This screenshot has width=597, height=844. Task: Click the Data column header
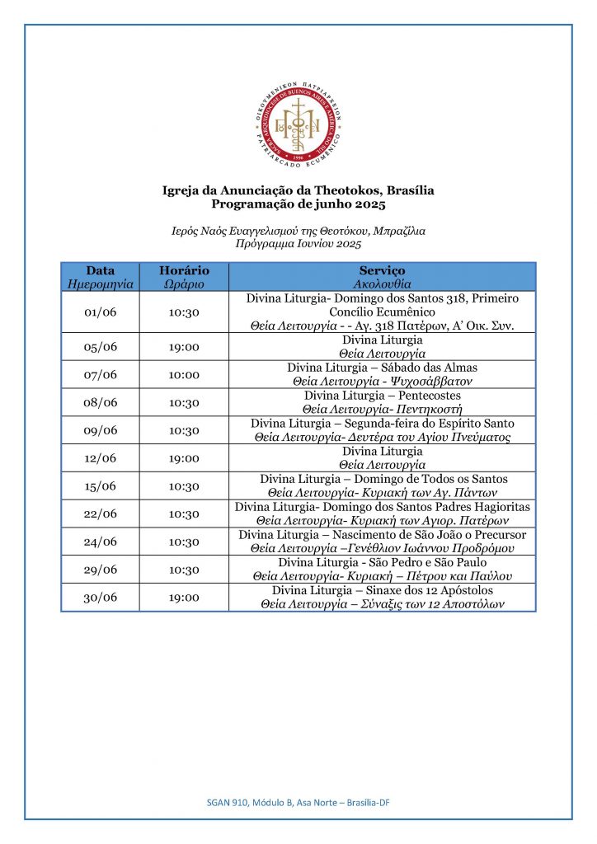pos(100,276)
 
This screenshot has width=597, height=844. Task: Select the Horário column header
pos(184,276)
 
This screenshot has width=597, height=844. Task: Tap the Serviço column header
pos(382,276)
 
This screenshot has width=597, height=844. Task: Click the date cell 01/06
pos(101,312)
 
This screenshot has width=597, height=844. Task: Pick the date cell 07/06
pos(101,374)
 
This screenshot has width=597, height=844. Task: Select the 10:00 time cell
pos(184,374)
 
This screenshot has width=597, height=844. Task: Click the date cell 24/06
pos(101,542)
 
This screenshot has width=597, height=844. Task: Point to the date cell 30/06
pos(101,598)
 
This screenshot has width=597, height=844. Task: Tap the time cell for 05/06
pos(184,347)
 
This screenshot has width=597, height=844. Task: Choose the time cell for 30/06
pos(184,598)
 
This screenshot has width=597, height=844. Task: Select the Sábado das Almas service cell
pos(382,374)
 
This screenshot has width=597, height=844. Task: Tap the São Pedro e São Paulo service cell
pos(382,569)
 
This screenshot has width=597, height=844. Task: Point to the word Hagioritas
pos(499,507)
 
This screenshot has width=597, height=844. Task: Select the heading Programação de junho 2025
pos(298,204)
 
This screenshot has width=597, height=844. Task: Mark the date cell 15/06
pos(101,486)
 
